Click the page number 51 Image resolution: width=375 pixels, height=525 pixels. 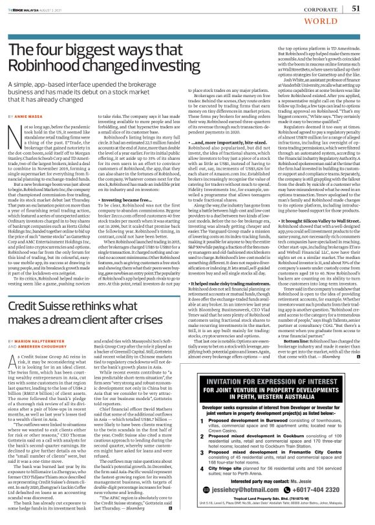pos(356,8)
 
